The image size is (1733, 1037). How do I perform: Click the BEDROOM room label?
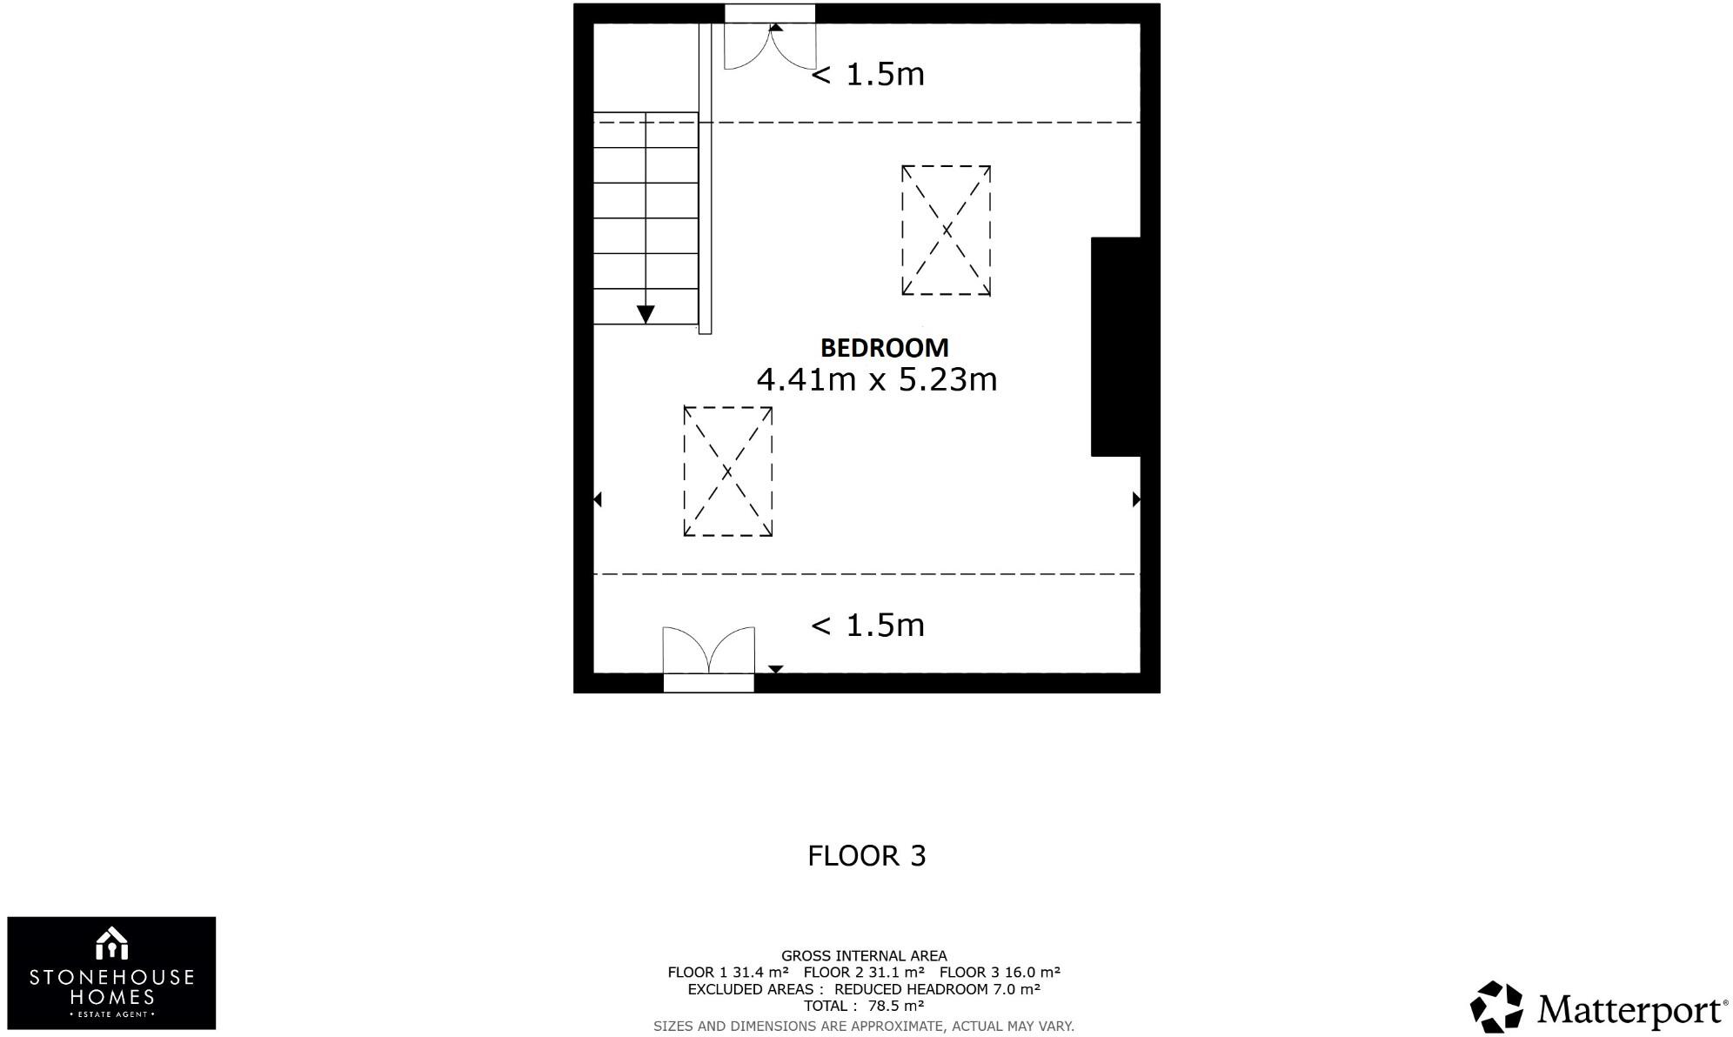[884, 348]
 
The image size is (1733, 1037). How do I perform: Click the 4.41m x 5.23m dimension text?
[876, 380]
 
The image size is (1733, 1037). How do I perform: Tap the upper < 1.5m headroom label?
[867, 75]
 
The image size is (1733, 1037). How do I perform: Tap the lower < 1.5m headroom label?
[867, 626]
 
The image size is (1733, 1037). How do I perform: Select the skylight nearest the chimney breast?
[946, 231]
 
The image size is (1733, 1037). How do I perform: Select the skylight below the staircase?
[727, 472]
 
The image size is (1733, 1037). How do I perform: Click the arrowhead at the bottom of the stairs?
[646, 314]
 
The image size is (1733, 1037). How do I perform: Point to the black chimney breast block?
[1115, 346]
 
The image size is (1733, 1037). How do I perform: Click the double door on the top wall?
[770, 43]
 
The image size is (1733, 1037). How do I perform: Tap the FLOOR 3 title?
[866, 856]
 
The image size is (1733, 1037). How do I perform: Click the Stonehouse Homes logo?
[111, 973]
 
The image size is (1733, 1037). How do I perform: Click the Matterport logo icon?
[1496, 1007]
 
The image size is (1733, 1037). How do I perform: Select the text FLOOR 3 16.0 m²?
[1000, 973]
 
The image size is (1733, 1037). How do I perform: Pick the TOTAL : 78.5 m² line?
[863, 1007]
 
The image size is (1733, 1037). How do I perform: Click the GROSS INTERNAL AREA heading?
[864, 956]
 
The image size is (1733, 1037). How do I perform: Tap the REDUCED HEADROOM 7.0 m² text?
[937, 989]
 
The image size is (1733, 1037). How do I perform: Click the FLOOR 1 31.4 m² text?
[727, 973]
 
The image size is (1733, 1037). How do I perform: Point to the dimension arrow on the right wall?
[1135, 499]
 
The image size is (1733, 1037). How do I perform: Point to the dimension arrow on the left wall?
[598, 499]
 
